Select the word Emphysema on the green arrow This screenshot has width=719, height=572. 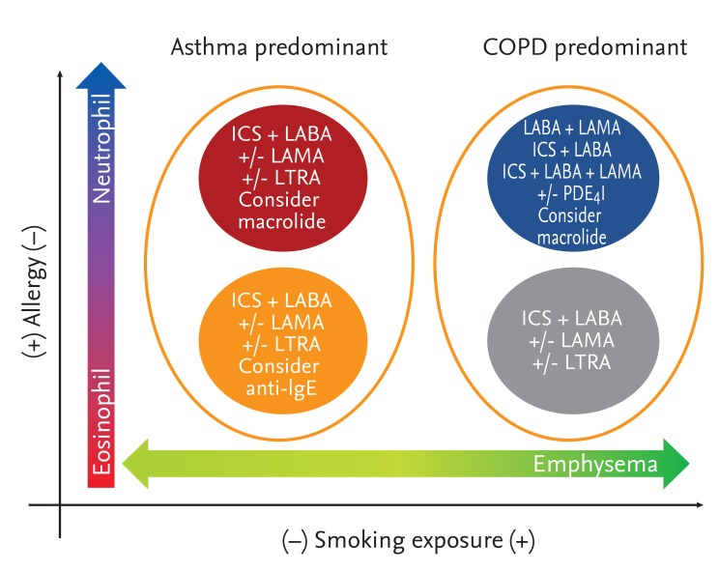pos(595,465)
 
